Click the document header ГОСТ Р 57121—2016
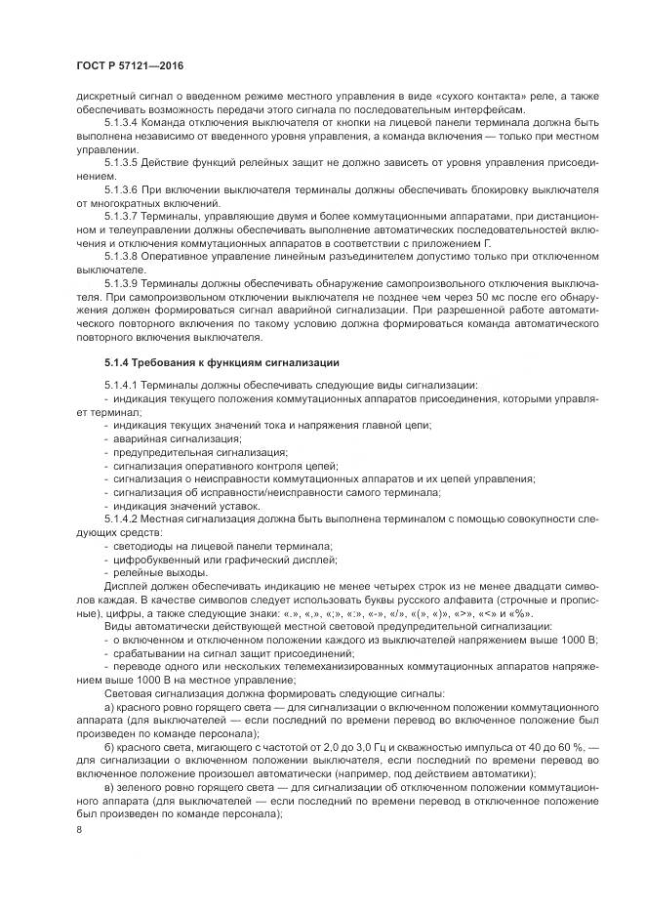tap(129, 65)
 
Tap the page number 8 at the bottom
tap(80, 829)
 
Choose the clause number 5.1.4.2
tap(123, 519)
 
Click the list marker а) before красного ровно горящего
tap(109, 704)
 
